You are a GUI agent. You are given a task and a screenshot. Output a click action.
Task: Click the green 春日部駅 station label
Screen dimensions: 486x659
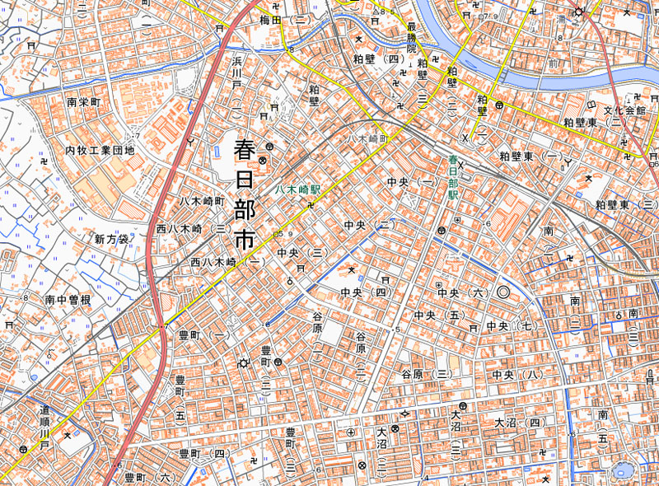(452, 178)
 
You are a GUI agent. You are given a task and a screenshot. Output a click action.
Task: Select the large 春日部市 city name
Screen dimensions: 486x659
(245, 195)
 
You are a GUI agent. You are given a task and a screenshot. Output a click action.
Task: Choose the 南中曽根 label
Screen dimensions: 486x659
(68, 300)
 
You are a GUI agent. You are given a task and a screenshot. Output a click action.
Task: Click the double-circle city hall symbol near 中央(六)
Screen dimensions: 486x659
(503, 292)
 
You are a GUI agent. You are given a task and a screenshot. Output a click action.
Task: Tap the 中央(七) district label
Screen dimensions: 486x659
(511, 327)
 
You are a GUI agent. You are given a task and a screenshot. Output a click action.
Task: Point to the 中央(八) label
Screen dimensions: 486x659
(518, 375)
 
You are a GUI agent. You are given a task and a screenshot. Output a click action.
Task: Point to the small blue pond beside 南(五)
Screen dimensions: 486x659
(620, 471)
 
